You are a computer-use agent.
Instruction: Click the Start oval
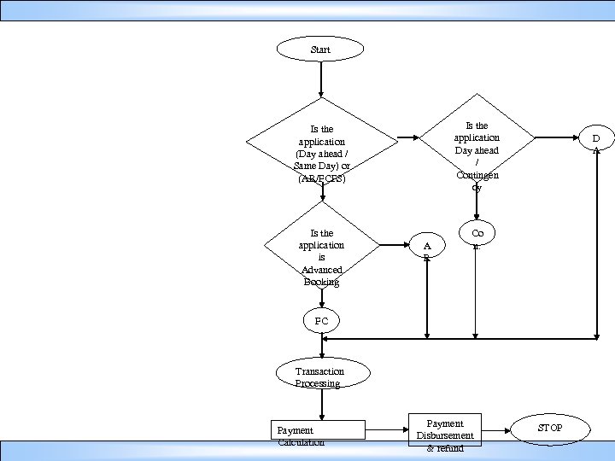[320, 50]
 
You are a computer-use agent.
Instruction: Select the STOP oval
[550, 428]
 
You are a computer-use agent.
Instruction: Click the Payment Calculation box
[318, 432]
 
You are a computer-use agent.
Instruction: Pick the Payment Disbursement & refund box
[445, 434]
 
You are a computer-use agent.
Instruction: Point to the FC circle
[321, 321]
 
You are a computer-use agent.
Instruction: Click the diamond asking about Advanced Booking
[322, 248]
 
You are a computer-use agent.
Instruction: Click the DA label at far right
[596, 142]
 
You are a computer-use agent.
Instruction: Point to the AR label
[427, 250]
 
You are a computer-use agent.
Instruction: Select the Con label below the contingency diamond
[477, 237]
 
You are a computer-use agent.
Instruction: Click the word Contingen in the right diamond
[477, 175]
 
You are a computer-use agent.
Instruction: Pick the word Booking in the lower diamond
[321, 282]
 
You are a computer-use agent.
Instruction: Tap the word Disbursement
[445, 435]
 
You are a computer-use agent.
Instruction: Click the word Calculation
[301, 442]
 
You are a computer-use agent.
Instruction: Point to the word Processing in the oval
[318, 383]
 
